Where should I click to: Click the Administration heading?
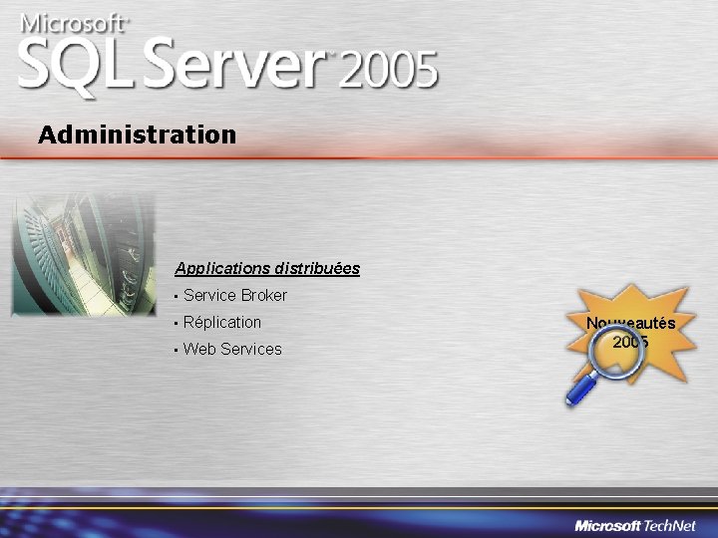pos(138,134)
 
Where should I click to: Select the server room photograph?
pos(84,253)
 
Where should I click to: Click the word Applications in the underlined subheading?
pos(221,269)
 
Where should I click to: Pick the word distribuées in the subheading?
pos(316,269)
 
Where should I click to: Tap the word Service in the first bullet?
pos(209,296)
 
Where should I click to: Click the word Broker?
pos(263,296)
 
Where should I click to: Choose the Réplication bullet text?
pos(222,323)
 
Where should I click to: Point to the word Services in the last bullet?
pos(251,350)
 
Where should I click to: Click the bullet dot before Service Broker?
pos(175,297)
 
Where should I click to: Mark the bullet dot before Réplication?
pos(175,324)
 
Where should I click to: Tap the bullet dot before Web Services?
pos(175,351)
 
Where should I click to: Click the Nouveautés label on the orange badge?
pos(630,323)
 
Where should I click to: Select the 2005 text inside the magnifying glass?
pos(630,343)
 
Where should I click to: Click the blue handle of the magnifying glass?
pos(581,389)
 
